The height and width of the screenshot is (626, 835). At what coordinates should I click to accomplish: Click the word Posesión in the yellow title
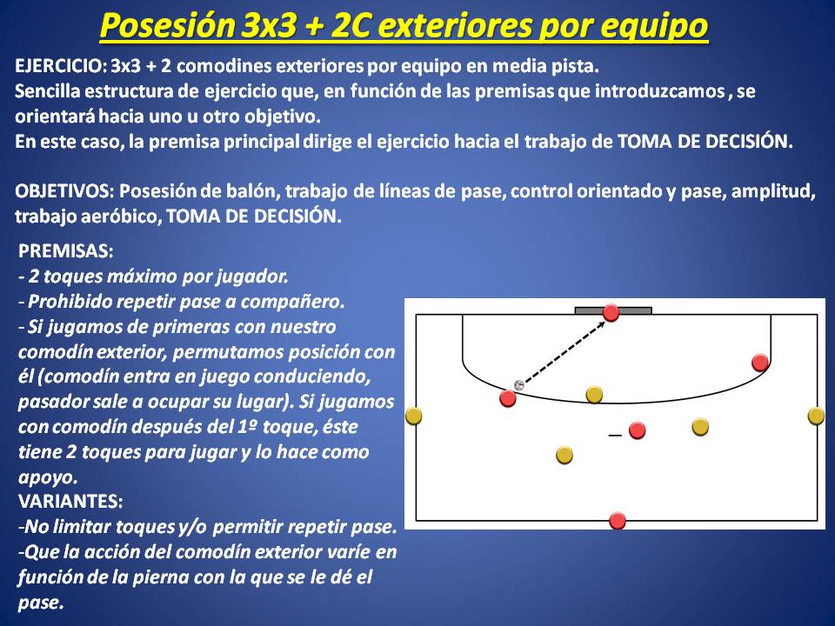pyautogui.click(x=167, y=25)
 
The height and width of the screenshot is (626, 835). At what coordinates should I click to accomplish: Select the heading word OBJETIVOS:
pyautogui.click(x=64, y=191)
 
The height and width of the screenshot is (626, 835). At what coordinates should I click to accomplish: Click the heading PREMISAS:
pyautogui.click(x=65, y=250)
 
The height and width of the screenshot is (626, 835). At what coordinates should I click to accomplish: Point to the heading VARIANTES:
pyautogui.click(x=70, y=501)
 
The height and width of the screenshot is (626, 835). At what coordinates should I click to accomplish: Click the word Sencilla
pyautogui.click(x=46, y=91)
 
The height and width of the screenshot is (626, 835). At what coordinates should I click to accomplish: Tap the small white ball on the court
pyautogui.click(x=519, y=384)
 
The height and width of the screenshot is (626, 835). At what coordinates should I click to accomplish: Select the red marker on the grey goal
pyautogui.click(x=611, y=312)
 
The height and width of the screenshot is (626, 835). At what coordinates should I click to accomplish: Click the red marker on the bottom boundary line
pyautogui.click(x=618, y=520)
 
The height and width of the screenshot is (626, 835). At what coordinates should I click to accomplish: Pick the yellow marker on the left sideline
pyautogui.click(x=414, y=416)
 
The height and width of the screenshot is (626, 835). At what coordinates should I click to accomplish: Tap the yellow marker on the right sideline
pyautogui.click(x=816, y=416)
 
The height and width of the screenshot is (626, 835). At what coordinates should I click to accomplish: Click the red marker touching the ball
pyautogui.click(x=508, y=397)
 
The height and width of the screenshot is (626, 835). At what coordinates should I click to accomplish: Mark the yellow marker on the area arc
pyautogui.click(x=594, y=395)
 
